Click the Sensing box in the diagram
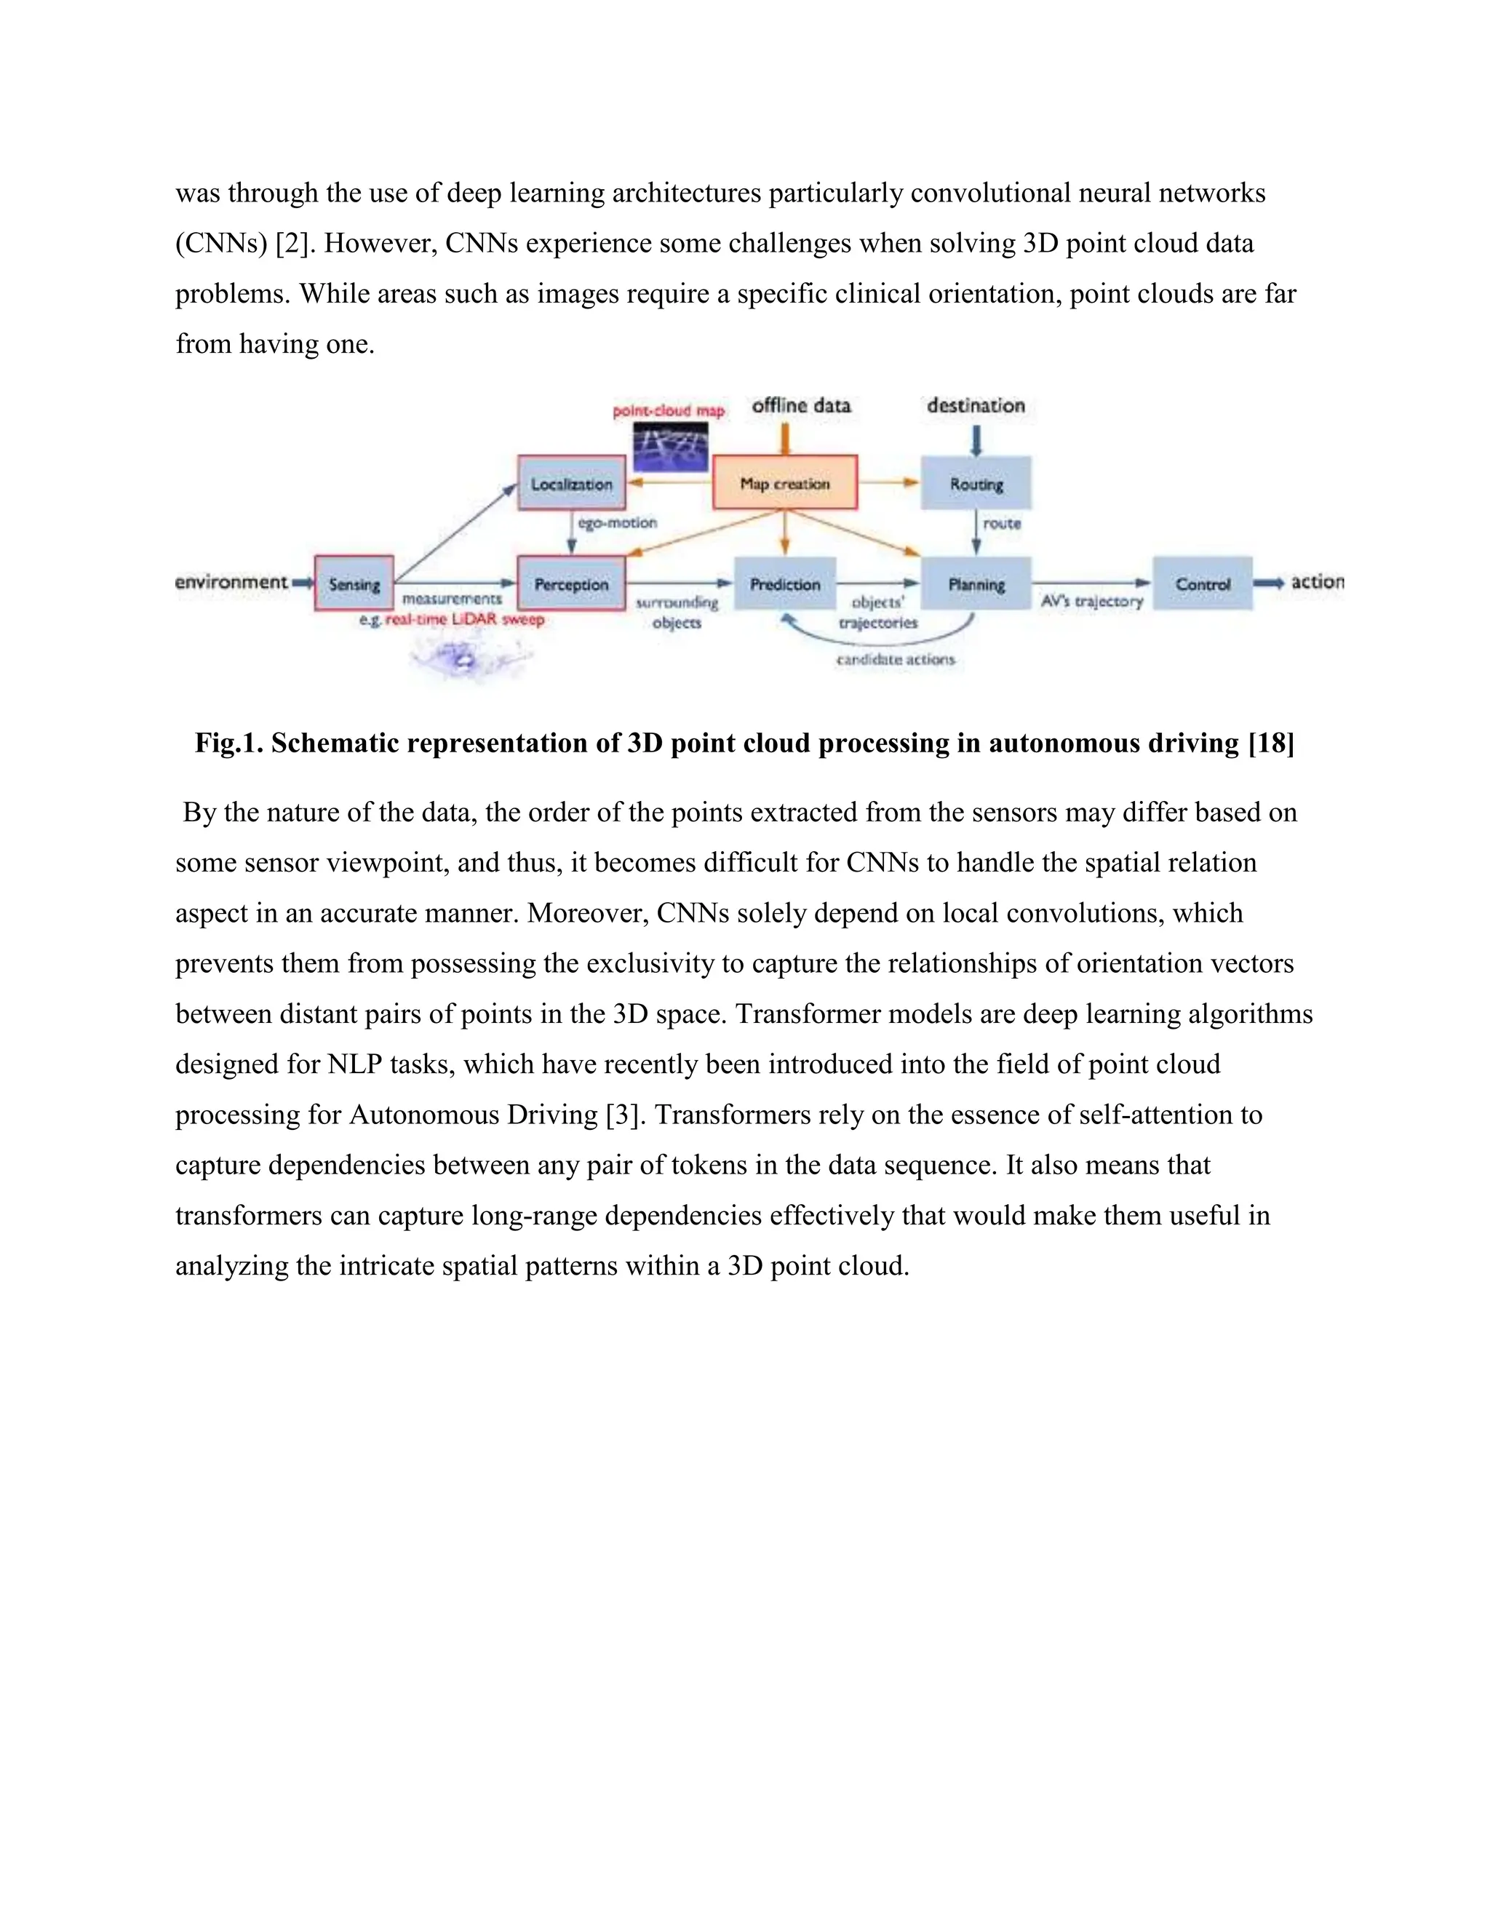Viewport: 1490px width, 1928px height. (x=354, y=583)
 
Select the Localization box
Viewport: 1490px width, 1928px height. (x=571, y=484)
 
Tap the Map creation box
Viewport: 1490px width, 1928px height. (x=785, y=483)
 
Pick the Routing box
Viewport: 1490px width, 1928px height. (x=976, y=484)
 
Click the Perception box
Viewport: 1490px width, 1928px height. (x=571, y=583)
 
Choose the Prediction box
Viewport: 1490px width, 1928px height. (x=785, y=583)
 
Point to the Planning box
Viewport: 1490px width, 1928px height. (x=976, y=583)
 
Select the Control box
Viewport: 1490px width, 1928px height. (x=1202, y=583)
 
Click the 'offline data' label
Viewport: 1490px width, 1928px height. (x=800, y=406)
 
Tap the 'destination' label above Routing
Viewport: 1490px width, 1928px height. (x=976, y=406)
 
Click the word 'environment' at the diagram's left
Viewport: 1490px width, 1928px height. (x=231, y=582)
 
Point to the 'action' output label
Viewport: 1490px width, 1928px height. (x=1317, y=582)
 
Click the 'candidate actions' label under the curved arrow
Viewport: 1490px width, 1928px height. (x=895, y=659)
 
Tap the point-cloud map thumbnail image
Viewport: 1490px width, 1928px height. (x=671, y=447)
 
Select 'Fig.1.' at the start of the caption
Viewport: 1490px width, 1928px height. (x=229, y=744)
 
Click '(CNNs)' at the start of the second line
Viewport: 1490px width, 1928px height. (x=222, y=244)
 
